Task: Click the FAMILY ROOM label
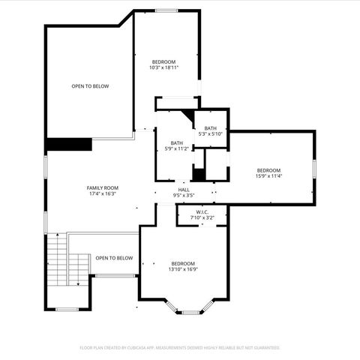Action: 103,187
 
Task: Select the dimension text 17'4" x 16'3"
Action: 103,194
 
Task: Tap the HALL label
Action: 184,190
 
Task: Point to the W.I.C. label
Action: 202,211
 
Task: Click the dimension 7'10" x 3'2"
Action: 202,218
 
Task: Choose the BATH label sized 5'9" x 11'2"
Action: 176,142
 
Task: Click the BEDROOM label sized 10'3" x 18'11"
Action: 164,61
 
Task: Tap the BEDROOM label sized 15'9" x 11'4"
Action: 268,170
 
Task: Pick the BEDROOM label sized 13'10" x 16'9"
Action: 183,263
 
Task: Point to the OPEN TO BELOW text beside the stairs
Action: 114,258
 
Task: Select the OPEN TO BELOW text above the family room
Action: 90,86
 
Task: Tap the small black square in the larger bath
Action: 198,175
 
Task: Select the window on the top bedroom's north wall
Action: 166,10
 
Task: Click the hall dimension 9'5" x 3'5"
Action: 184,196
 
